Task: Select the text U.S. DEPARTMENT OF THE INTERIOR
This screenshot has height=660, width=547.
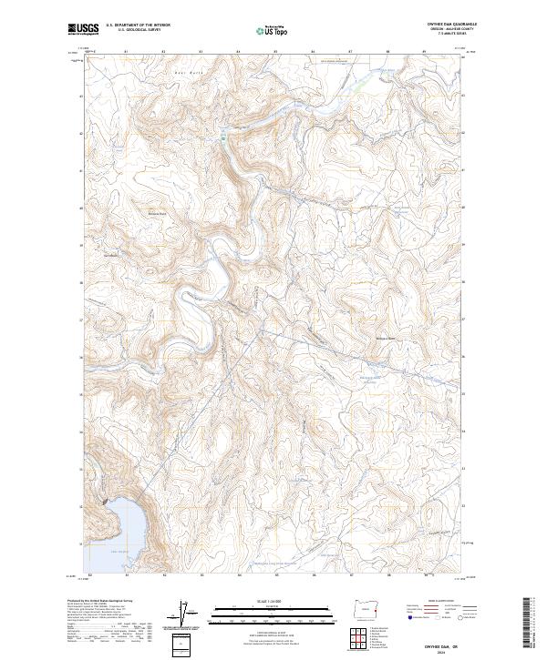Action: click(137, 26)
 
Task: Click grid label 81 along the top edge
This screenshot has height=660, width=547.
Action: click(126, 52)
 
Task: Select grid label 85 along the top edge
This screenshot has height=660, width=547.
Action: click(275, 52)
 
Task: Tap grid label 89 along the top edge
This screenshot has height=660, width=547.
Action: click(425, 52)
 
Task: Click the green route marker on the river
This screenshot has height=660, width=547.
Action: click(223, 137)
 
